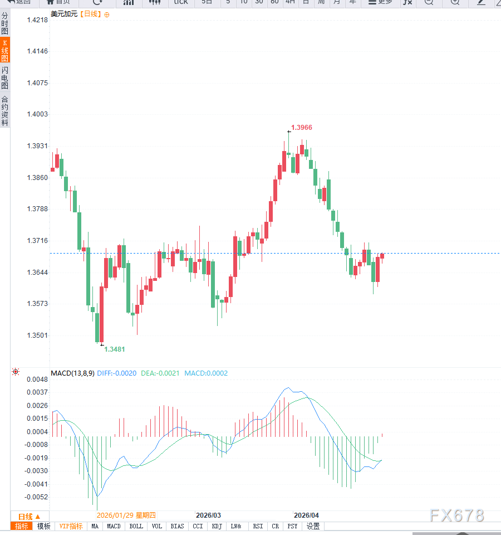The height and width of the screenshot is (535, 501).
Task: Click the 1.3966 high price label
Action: click(x=302, y=128)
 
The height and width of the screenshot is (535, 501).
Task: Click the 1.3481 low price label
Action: click(x=115, y=349)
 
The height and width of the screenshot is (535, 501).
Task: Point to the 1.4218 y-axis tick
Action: click(x=37, y=20)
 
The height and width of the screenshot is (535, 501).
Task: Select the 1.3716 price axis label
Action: click(x=37, y=241)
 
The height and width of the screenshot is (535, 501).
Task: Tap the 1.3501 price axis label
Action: click(x=37, y=335)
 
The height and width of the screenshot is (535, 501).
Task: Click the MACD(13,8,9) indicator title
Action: click(x=72, y=373)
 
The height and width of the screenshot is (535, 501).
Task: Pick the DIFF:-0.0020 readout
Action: click(x=116, y=373)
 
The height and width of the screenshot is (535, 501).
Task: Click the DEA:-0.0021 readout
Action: click(x=160, y=373)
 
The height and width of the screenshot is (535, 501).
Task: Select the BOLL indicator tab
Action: click(x=136, y=526)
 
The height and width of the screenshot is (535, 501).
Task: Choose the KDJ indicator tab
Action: click(x=217, y=526)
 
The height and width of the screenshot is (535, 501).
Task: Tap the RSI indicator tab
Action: click(x=258, y=526)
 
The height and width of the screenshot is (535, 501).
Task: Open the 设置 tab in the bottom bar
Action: click(x=313, y=526)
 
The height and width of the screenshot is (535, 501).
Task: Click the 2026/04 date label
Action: click(x=306, y=515)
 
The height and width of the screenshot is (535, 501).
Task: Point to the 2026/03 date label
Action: click(x=209, y=515)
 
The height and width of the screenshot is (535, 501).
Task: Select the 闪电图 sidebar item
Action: click(x=5, y=78)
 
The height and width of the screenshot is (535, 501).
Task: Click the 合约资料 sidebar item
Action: click(x=5, y=111)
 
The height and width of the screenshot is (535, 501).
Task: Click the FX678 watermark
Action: click(x=457, y=516)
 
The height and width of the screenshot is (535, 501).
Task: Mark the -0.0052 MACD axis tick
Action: click(x=37, y=497)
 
